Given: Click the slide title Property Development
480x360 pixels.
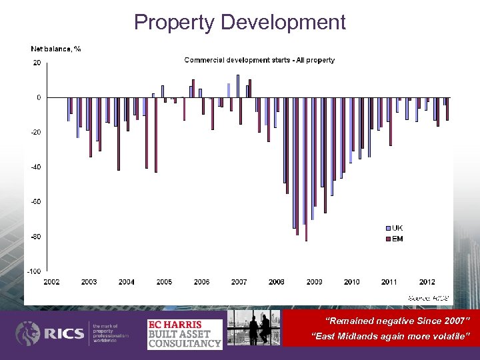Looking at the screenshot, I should [240, 22].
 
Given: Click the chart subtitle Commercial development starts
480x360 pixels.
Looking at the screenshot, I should [259, 60].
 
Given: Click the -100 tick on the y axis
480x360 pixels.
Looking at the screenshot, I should [33, 271].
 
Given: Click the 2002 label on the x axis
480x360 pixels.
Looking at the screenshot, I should [51, 282].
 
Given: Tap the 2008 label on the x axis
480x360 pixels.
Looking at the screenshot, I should [277, 282].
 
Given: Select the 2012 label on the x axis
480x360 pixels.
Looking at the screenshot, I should [427, 282].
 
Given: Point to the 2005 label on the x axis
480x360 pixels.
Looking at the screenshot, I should [164, 282].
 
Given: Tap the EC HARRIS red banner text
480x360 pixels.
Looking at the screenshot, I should [175, 325].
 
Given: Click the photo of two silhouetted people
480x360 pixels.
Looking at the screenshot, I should [253, 328].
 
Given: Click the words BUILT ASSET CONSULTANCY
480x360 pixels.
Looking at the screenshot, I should [185, 339].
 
